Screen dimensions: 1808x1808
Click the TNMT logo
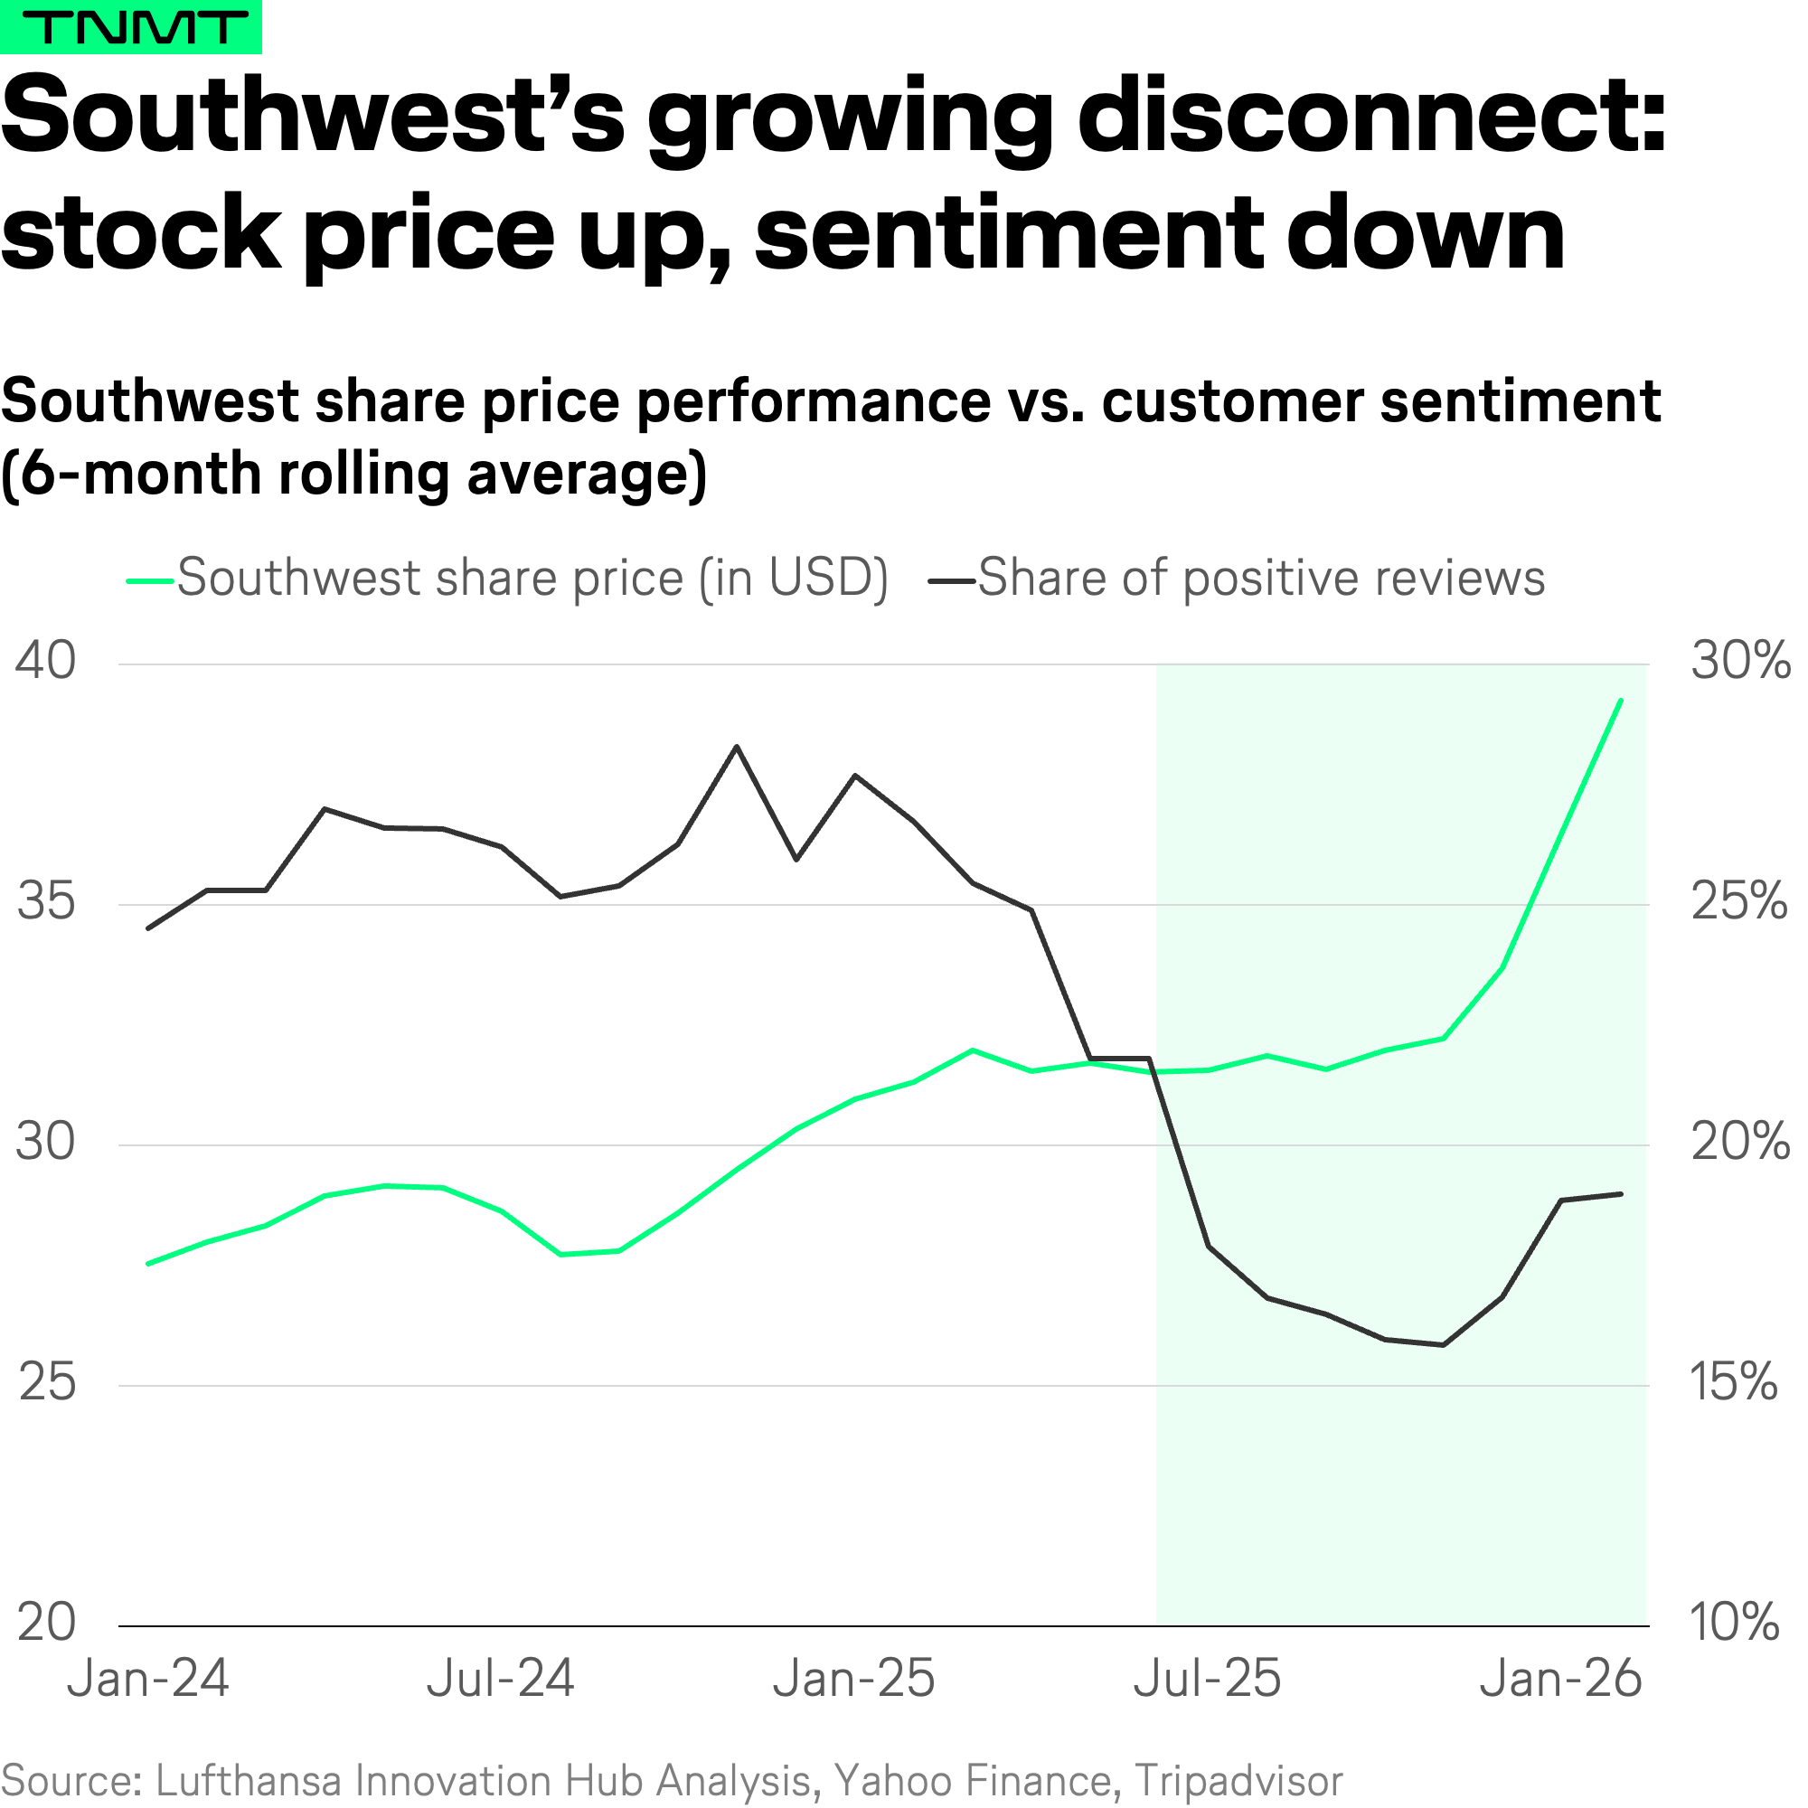click(130, 27)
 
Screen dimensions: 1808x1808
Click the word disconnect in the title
click(1372, 117)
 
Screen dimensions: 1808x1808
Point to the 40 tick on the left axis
click(46, 661)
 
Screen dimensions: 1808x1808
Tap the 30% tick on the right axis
click(1739, 661)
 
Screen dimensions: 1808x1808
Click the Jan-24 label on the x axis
click(148, 1679)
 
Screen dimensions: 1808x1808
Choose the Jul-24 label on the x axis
click(501, 1679)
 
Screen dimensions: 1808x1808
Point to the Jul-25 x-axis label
click(1207, 1679)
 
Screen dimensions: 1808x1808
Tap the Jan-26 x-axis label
click(1561, 1679)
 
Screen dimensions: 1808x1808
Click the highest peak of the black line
click(737, 747)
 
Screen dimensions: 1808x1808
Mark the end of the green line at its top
click(1621, 700)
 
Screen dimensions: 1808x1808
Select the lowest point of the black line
click(1443, 1345)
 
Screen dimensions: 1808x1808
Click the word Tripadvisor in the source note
click(1238, 1781)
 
